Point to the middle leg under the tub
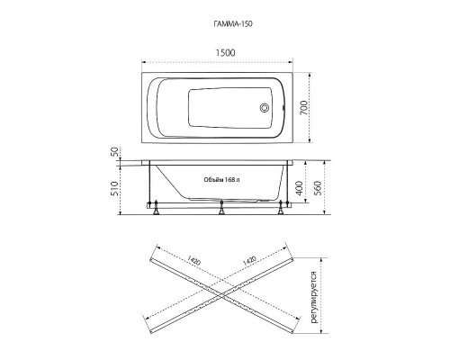(x=221, y=209)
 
